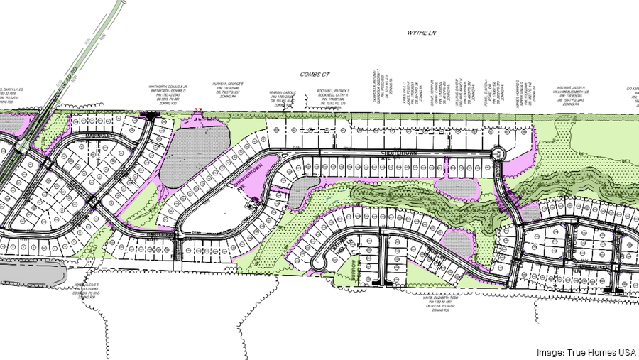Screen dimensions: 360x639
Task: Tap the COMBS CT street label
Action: coord(318,74)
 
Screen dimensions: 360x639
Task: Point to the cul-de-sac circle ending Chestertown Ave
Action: coord(498,153)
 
